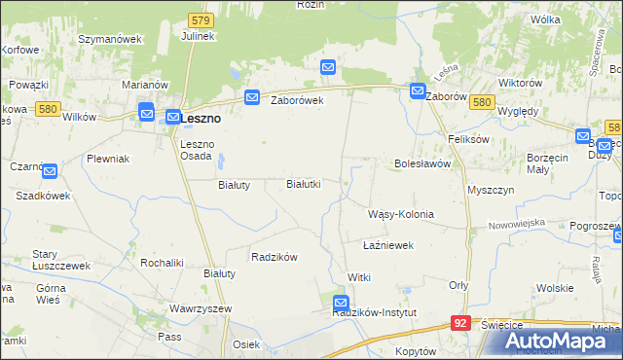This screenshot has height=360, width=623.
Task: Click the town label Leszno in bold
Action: pos(201,118)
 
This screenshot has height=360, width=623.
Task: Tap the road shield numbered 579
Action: pos(201,18)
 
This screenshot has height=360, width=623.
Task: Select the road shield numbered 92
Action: pos(462,321)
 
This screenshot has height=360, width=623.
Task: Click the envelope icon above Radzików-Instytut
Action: pos(340,303)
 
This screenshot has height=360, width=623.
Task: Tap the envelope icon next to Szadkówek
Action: pos(51,172)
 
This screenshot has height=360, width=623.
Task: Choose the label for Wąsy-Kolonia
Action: pos(400,214)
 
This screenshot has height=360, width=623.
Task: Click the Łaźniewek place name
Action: pos(388,245)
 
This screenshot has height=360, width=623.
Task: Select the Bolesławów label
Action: pos(421,163)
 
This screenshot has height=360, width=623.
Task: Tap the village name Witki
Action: pos(359,277)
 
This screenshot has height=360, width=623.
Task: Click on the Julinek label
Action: pos(198,36)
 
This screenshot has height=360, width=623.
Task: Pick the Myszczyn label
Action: pos(491,190)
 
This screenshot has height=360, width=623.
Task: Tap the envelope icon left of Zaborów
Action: pos(418,92)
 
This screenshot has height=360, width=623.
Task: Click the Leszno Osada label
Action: pos(203,151)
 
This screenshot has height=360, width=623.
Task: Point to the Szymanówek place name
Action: pos(110,39)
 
